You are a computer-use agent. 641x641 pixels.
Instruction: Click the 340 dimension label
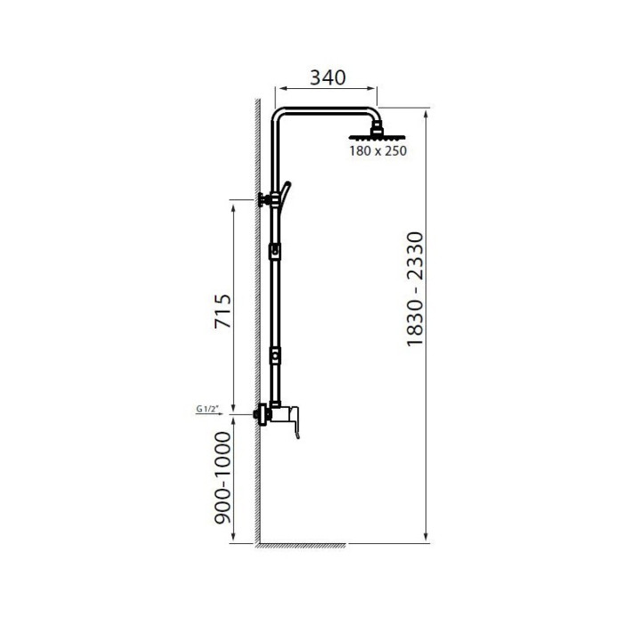(328, 77)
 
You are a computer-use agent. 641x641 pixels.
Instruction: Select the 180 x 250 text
(377, 150)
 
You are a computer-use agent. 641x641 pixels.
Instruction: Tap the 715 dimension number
(223, 311)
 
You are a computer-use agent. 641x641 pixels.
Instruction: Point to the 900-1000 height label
(223, 477)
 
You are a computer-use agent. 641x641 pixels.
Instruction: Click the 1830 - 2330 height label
(415, 289)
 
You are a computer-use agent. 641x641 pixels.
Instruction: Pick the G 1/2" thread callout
(208, 409)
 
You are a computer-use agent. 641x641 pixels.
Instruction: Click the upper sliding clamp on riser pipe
(275, 251)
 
